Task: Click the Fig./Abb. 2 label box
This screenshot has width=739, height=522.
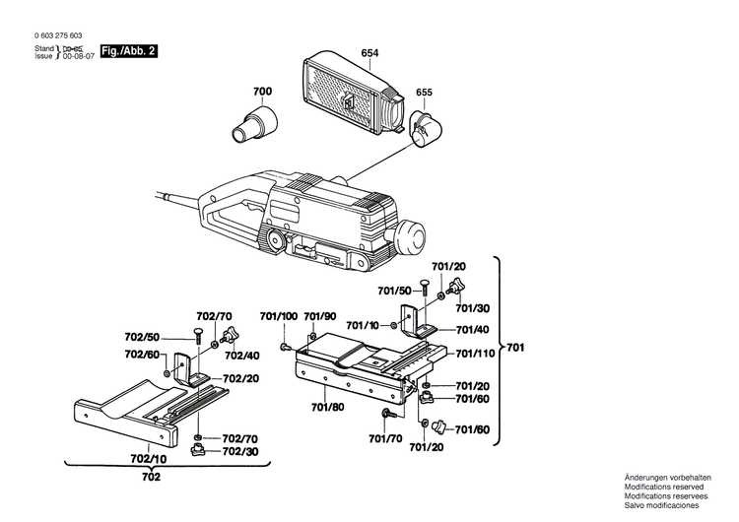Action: pos(129,51)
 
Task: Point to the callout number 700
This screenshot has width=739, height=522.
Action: pos(262,92)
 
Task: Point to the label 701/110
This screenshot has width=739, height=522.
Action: pos(475,353)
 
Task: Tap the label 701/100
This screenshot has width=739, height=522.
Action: pos(279,316)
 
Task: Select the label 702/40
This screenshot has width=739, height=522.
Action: pos(240,356)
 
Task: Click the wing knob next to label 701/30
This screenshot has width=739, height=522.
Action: pos(454,288)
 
